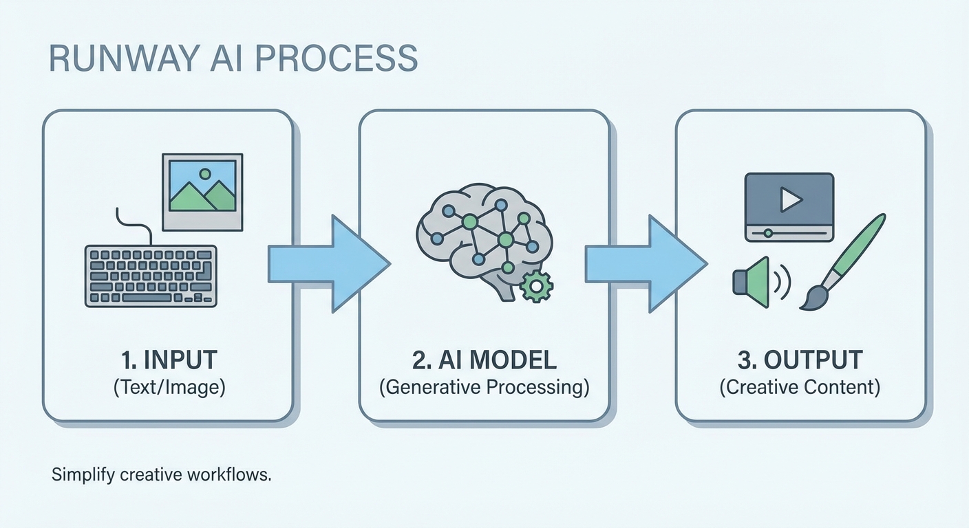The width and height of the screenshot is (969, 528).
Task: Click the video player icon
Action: pyautogui.click(x=789, y=206)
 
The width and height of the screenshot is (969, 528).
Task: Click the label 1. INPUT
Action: pyautogui.click(x=168, y=360)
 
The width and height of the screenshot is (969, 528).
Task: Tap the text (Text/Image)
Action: pyautogui.click(x=169, y=387)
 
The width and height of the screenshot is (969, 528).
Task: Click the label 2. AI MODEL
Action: pyautogui.click(x=484, y=360)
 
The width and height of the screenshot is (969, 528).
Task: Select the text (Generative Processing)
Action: pyautogui.click(x=484, y=387)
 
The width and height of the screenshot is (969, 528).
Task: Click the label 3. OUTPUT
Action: pyautogui.click(x=800, y=360)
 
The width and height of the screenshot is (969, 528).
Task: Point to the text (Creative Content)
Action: pyautogui.click(x=800, y=387)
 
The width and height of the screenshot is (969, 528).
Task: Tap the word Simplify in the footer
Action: pyautogui.click(x=76, y=475)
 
